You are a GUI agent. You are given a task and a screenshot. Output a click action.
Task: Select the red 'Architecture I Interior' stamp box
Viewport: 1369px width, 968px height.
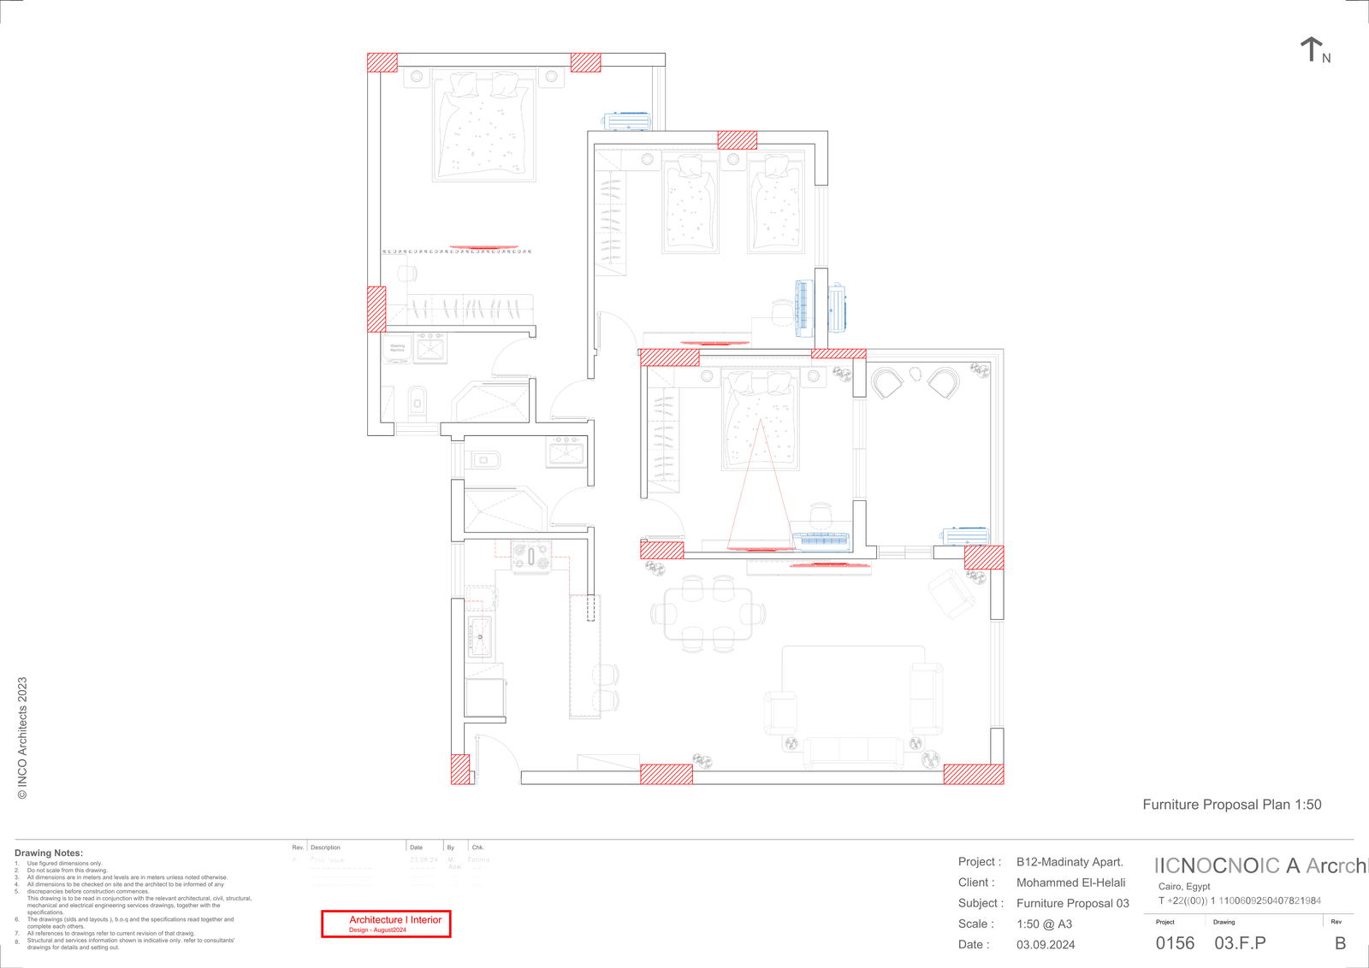point(386,924)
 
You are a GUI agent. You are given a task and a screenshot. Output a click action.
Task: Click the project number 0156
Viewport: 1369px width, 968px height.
point(1175,943)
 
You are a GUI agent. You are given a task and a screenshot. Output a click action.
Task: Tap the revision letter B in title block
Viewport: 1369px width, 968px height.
point(1340,943)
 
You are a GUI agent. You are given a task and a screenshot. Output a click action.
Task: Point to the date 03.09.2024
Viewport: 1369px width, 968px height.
point(1046,945)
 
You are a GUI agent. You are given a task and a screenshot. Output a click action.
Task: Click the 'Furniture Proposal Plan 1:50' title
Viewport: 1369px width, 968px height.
point(1231,805)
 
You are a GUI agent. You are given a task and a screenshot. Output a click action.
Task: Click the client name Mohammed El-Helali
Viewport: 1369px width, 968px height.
point(1070,882)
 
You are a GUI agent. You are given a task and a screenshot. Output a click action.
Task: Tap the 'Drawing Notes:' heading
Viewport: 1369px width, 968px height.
point(49,853)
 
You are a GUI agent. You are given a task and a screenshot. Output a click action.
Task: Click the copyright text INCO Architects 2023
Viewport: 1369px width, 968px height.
point(23,737)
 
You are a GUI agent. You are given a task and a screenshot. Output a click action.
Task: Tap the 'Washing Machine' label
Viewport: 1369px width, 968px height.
point(397,348)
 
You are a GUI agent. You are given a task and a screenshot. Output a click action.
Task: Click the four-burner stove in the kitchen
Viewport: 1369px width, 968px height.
point(531,557)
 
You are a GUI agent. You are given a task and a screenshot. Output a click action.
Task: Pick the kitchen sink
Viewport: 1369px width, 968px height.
point(480,637)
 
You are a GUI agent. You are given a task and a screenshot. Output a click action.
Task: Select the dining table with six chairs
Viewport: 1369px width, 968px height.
point(708,613)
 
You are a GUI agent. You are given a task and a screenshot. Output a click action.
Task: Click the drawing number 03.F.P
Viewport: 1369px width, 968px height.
point(1240,943)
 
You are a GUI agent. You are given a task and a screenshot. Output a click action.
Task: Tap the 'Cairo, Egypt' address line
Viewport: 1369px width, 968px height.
point(1184,886)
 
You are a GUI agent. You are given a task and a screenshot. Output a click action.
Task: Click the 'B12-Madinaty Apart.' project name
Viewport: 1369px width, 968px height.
point(1070,862)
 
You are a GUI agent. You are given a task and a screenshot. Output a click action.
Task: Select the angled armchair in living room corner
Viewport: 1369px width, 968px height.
point(951,593)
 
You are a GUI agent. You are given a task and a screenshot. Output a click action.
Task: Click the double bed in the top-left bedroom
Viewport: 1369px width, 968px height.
point(483,128)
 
